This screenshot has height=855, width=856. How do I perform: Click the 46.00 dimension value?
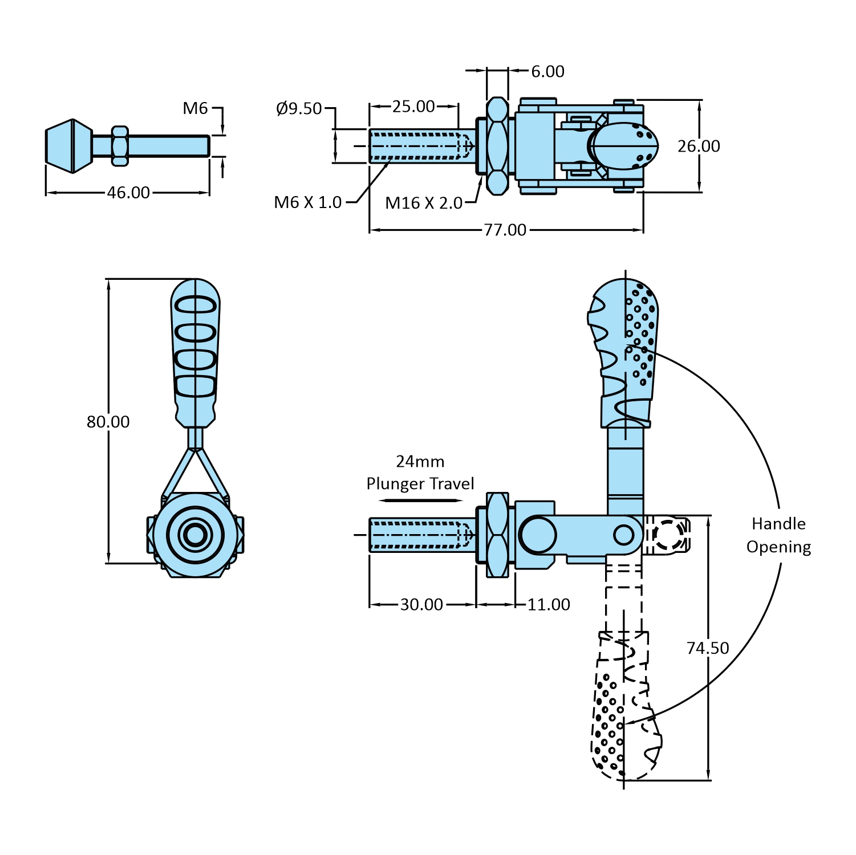[x=128, y=193]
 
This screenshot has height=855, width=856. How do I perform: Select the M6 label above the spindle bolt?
[x=195, y=108]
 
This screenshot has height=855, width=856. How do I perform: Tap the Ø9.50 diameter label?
[x=299, y=108]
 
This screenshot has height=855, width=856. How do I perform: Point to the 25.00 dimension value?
[x=413, y=107]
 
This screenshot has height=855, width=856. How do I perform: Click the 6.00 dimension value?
[x=547, y=71]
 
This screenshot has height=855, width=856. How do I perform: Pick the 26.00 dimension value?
[x=699, y=146]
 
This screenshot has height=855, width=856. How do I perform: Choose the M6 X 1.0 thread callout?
[x=308, y=202]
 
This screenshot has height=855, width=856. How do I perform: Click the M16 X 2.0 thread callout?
[x=424, y=203]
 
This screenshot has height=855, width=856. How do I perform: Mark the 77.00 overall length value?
[x=505, y=230]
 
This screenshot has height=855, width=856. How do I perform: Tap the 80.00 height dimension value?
[x=108, y=422]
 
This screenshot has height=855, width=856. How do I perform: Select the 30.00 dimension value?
[x=421, y=604]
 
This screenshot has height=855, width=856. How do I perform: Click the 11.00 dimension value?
[x=549, y=604]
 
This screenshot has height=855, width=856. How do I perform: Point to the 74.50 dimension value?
[x=708, y=648]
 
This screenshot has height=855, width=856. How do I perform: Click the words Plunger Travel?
[x=420, y=484]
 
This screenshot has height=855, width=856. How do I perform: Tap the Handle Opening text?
[x=778, y=535]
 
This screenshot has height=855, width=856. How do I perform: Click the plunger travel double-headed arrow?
[x=421, y=500]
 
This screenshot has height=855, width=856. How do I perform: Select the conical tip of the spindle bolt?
[x=68, y=145]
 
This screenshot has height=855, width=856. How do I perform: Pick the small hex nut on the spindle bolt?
[x=119, y=146]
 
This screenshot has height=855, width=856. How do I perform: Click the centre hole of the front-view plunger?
[x=195, y=535]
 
